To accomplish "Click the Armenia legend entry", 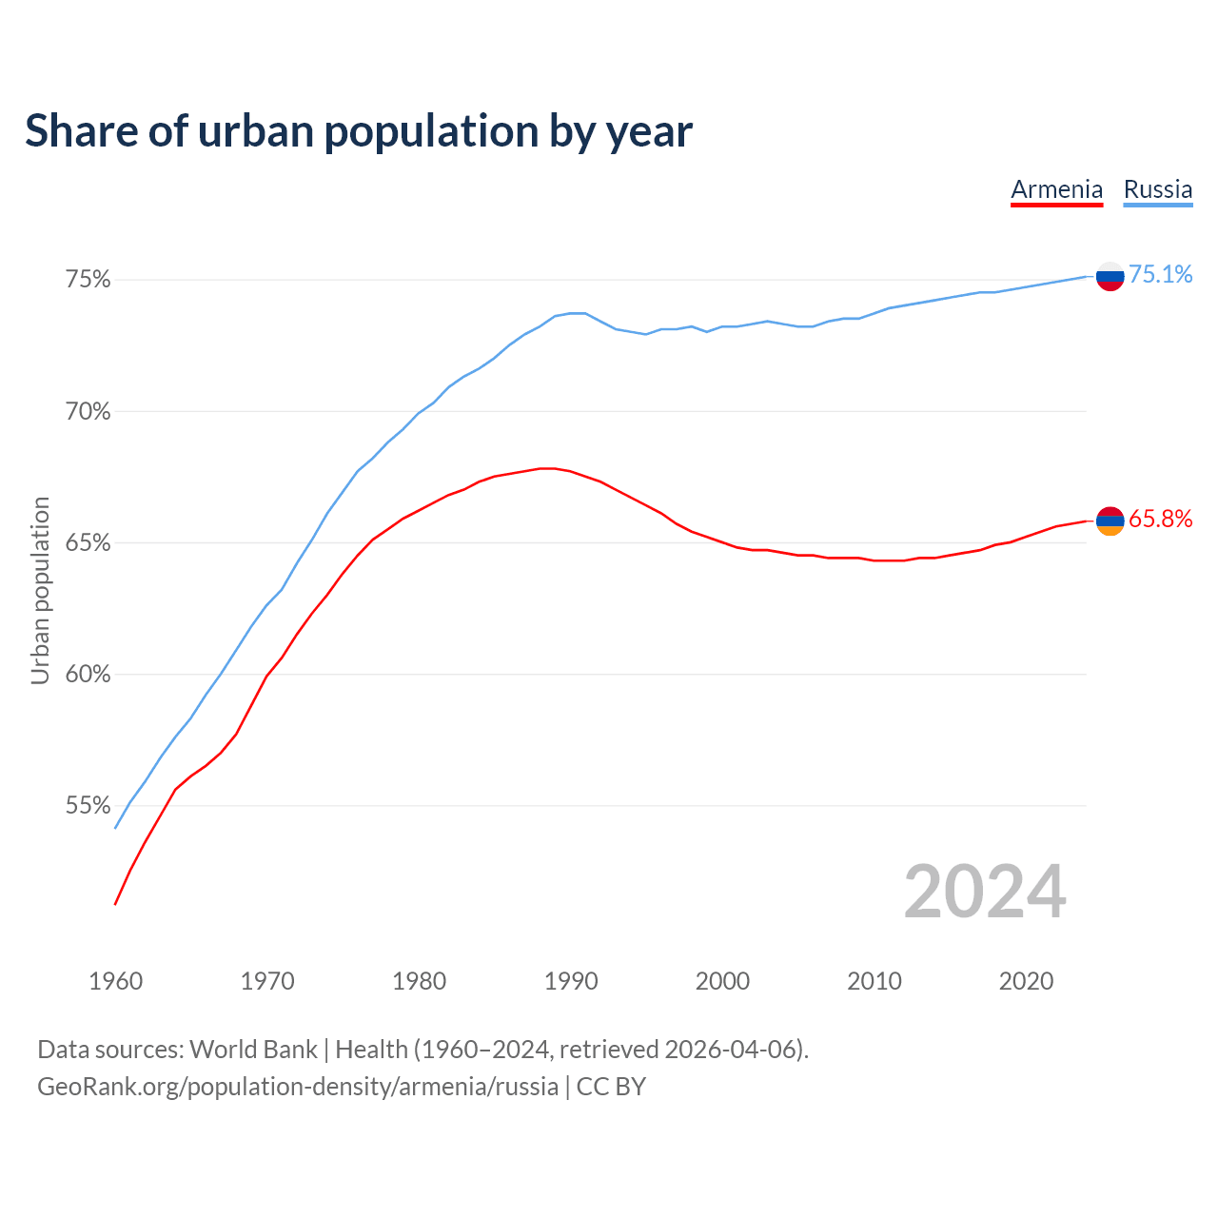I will (1056, 189).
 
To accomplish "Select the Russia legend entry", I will (1157, 189).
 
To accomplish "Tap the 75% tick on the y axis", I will (88, 280).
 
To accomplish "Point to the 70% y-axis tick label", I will (88, 412).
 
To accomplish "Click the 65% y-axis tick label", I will (88, 543).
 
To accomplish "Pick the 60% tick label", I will (88, 675).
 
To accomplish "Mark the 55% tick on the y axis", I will (88, 806).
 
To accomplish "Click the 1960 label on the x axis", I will (115, 981).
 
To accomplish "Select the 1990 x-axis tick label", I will (571, 981).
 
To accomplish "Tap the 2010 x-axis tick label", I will (874, 981).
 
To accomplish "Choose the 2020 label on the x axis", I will (1026, 981).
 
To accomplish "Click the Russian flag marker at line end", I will (1110, 276).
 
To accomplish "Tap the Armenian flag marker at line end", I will (1110, 521).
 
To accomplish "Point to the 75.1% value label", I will (1160, 275).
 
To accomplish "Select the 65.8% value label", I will (1160, 520).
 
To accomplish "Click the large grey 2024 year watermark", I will (985, 892).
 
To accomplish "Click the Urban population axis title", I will (40, 590).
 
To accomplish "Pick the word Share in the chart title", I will (80, 131).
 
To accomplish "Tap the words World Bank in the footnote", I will (253, 1050).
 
